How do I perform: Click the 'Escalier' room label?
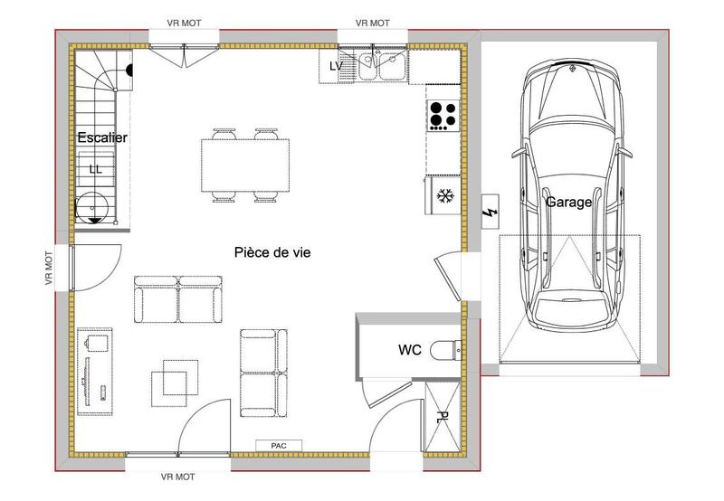[x=102, y=137]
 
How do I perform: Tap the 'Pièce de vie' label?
[x=272, y=253]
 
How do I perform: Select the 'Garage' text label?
[x=568, y=203]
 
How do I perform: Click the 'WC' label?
[x=409, y=348]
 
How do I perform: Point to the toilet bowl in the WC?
[x=445, y=348]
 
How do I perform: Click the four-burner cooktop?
[x=443, y=115]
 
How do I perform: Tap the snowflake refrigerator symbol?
[x=444, y=195]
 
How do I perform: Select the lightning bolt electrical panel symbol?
[x=490, y=213]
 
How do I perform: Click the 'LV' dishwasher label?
[x=336, y=66]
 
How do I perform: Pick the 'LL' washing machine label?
[x=95, y=168]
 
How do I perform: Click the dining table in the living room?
[x=246, y=165]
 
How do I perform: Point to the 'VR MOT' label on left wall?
[x=49, y=269]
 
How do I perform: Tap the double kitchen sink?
[x=380, y=65]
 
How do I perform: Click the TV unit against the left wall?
[x=95, y=368]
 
